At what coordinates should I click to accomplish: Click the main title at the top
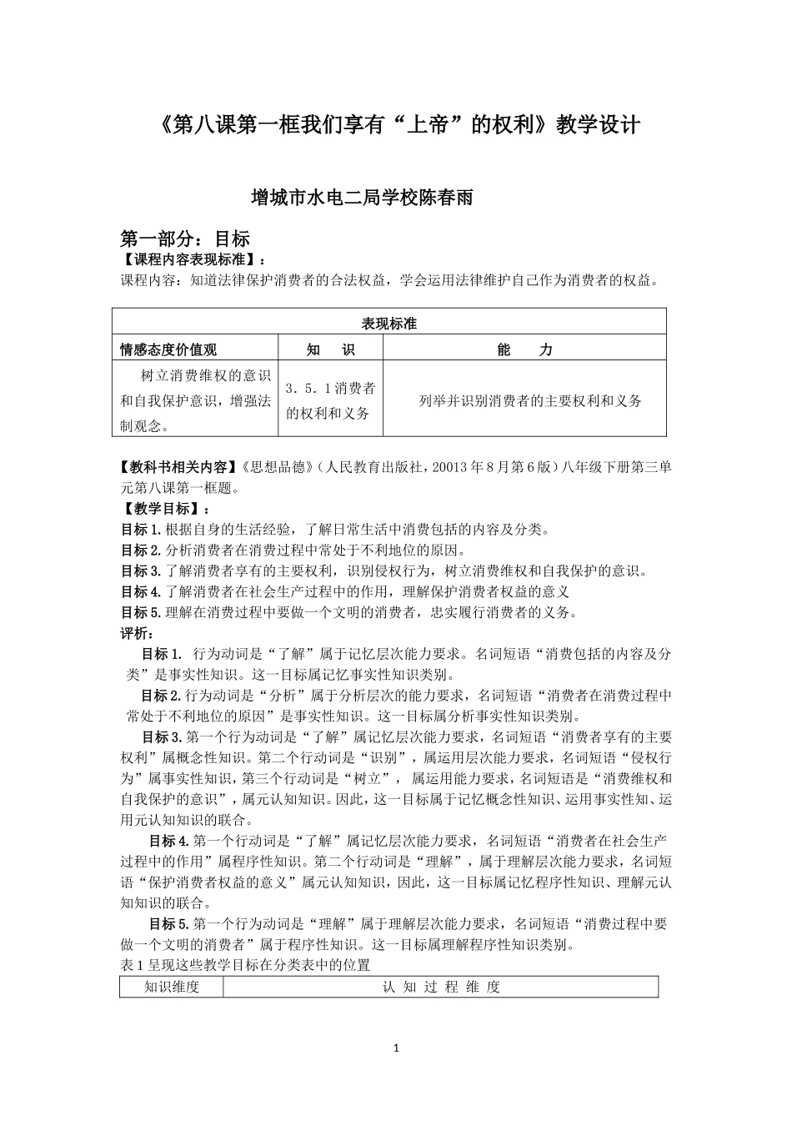(x=399, y=125)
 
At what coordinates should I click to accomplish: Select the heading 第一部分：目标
(x=185, y=239)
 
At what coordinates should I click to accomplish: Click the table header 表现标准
(x=388, y=324)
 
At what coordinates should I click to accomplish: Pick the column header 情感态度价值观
(x=168, y=349)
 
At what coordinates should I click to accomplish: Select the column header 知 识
(x=330, y=349)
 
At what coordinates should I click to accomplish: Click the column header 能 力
(x=524, y=349)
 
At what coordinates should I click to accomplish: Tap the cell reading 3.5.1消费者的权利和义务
(x=330, y=400)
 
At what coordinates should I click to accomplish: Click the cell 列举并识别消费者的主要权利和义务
(x=530, y=401)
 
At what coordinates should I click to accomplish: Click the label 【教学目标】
(x=159, y=509)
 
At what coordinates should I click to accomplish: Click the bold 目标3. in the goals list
(x=140, y=571)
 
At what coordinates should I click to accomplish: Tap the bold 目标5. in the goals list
(x=140, y=612)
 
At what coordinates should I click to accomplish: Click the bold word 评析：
(x=136, y=633)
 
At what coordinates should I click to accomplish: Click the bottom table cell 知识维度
(x=172, y=988)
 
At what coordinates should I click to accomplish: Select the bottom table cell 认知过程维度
(x=441, y=988)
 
